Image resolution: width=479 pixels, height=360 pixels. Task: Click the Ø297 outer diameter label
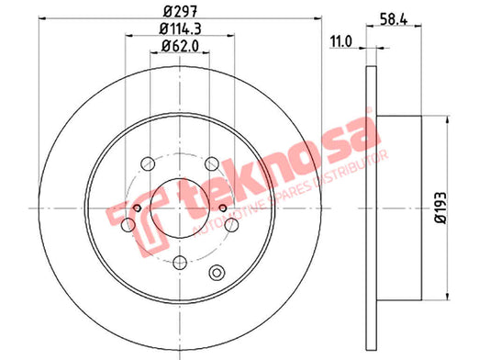pyautogui.click(x=180, y=12)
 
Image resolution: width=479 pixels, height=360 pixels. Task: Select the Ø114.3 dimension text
pyautogui.click(x=180, y=29)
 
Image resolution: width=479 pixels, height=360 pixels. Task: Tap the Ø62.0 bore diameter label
pyautogui.click(x=180, y=46)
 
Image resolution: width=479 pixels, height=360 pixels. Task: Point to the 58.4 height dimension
pyautogui.click(x=394, y=19)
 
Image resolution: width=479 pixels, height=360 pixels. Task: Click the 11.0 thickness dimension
pyautogui.click(x=341, y=41)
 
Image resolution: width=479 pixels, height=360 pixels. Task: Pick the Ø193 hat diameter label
pyautogui.click(x=440, y=208)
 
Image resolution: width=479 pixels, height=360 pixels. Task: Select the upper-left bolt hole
pyautogui.click(x=148, y=163)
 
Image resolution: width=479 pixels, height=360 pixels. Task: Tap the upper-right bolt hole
pyautogui.click(x=212, y=163)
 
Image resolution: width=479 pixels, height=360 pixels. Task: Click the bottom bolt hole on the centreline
pyautogui.click(x=180, y=263)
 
